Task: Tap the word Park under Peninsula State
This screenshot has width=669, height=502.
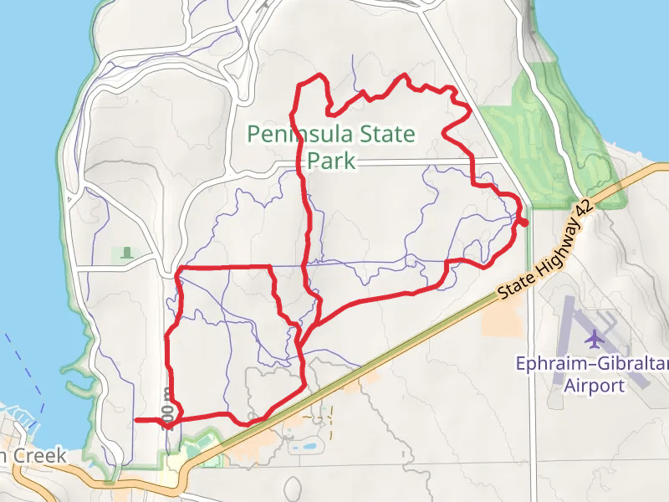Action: click(332, 160)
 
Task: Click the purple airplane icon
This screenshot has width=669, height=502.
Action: click(595, 339)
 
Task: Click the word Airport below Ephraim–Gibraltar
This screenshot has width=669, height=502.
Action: click(594, 386)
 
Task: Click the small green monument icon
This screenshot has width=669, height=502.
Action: click(127, 252)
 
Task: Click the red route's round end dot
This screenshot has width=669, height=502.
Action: click(523, 222)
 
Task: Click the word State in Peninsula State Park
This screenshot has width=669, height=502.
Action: click(386, 134)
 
